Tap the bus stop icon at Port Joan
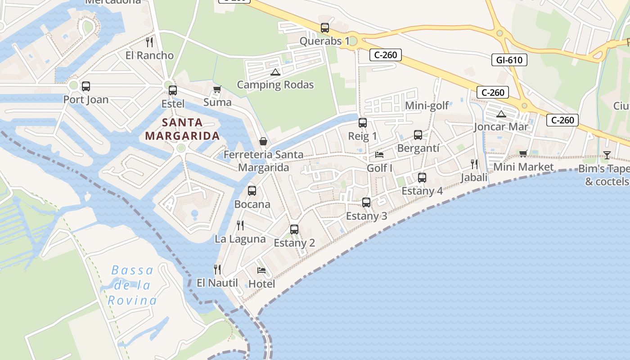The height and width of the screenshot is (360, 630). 85,86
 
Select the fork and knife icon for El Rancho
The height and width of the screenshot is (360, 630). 149,42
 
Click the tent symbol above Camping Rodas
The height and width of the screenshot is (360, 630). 275,72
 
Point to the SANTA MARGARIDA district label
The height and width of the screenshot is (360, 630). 182,129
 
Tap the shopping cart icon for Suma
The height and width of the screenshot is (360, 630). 217,89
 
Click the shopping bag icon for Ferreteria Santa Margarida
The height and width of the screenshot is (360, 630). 263,141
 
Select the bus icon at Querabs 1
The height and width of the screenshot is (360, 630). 324,28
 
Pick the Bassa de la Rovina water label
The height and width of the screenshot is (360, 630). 132,285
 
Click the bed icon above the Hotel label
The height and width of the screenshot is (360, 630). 261,270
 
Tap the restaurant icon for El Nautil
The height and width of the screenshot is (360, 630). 217,270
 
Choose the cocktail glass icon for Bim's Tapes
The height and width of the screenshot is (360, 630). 607,155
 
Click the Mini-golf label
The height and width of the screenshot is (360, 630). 427,106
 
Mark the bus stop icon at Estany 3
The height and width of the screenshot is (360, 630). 366,202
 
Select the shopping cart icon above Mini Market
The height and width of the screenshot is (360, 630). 523,154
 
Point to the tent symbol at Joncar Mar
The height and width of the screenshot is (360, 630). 501,114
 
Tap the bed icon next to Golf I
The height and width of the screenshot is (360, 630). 379,155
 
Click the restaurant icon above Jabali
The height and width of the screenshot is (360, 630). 474,164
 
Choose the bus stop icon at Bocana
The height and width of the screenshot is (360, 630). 252,191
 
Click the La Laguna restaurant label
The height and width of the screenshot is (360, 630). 240,239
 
